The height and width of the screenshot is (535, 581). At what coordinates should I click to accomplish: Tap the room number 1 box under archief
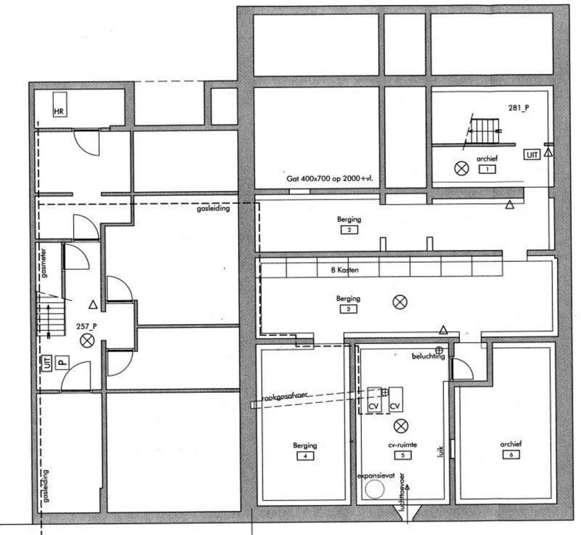(487, 169)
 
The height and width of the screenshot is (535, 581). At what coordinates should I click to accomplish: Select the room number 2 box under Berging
(349, 230)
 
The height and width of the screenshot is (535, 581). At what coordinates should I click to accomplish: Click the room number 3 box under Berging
(348, 310)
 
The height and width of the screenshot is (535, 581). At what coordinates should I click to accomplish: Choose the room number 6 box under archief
(511, 454)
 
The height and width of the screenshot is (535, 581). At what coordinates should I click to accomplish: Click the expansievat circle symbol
(374, 489)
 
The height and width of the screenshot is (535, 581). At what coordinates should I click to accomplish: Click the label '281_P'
(517, 107)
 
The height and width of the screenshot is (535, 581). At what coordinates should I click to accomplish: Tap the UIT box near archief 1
(532, 154)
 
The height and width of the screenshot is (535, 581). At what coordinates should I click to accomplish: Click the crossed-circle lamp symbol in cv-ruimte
(401, 424)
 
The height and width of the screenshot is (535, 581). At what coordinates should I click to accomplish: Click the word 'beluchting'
(428, 356)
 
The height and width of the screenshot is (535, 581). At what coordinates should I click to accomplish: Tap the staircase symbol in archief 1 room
(483, 131)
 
